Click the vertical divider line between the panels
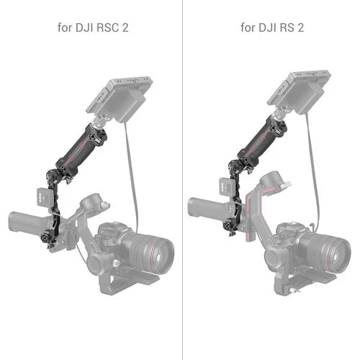[180, 180]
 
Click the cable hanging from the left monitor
[130, 180]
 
